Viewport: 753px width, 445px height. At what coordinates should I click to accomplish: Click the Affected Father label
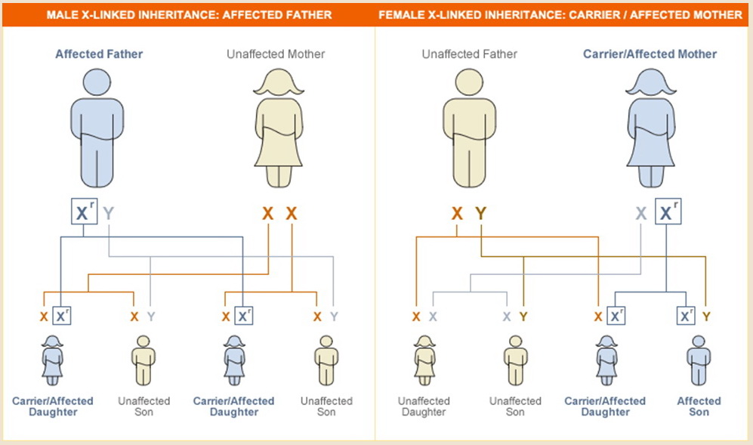(x=99, y=54)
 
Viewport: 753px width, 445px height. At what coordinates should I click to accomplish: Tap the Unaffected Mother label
(x=276, y=54)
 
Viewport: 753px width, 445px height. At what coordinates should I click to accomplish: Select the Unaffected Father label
(x=469, y=54)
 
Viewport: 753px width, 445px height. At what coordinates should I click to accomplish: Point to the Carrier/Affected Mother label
(x=650, y=54)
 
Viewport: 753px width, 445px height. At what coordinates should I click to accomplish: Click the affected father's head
(x=97, y=82)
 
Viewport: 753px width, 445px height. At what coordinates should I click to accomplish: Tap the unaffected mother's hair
(x=279, y=82)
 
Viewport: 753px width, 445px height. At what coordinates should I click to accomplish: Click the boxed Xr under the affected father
(x=84, y=212)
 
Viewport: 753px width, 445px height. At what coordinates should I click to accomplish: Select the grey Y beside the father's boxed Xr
(x=109, y=213)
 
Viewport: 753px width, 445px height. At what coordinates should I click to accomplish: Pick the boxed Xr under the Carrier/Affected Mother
(x=668, y=212)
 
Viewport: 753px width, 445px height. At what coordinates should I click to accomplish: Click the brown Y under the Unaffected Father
(x=480, y=213)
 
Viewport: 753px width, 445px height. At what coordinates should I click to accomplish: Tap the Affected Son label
(x=699, y=406)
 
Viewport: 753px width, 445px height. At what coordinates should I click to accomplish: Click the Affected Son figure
(x=699, y=360)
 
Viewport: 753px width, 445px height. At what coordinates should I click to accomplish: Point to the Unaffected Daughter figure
(x=424, y=360)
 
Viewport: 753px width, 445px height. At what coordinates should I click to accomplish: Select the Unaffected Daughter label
(x=424, y=406)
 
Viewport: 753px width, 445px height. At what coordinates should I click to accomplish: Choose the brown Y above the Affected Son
(x=706, y=317)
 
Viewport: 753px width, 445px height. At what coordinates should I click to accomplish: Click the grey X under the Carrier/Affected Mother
(x=641, y=213)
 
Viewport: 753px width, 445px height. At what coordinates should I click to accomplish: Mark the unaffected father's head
(x=469, y=82)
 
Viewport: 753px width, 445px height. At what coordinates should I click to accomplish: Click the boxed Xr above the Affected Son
(x=686, y=316)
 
